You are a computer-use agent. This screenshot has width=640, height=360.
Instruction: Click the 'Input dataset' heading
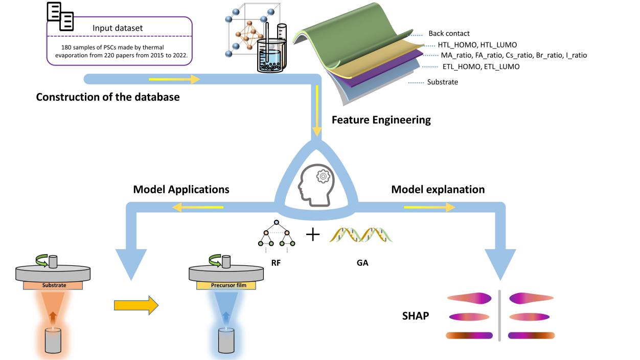118,28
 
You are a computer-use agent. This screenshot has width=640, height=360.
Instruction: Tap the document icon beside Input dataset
60,16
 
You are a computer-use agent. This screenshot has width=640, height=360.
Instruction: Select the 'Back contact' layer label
449,34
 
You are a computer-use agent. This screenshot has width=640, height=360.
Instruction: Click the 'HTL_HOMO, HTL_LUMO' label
477,45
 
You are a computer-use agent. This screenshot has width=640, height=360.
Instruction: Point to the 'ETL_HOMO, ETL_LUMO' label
481,66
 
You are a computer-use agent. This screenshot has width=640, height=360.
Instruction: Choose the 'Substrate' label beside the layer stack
443,82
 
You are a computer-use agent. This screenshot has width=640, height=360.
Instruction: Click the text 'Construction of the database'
108,96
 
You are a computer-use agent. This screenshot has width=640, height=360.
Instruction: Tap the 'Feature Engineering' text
381,120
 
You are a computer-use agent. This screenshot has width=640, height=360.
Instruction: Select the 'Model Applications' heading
181,189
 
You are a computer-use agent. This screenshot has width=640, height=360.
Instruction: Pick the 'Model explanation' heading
438,189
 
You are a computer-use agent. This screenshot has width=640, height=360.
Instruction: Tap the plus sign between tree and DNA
312,235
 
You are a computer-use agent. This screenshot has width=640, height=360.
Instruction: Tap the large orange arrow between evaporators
136,306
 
